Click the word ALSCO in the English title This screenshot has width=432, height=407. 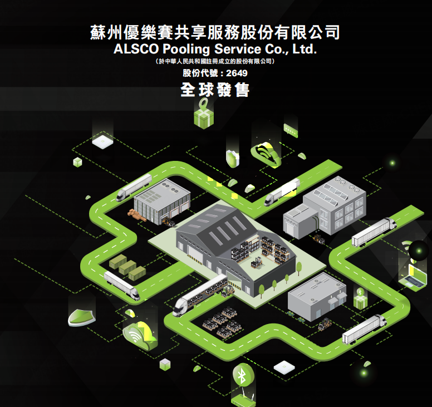[136, 49]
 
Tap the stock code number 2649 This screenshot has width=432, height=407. [237, 73]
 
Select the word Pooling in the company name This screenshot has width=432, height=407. [186, 50]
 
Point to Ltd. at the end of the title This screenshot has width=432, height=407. [305, 49]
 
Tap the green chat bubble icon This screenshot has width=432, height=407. [291, 130]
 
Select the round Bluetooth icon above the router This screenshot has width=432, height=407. [243, 375]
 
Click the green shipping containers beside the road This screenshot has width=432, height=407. [127, 267]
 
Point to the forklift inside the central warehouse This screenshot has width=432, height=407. [257, 262]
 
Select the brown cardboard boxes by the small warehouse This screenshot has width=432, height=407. [137, 215]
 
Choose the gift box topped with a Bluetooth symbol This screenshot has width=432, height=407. [360, 298]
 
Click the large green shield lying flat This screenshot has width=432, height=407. [81, 317]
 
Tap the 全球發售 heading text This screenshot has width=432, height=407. [215, 90]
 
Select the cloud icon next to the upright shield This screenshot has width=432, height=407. [266, 155]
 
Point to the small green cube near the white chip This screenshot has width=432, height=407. [78, 162]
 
